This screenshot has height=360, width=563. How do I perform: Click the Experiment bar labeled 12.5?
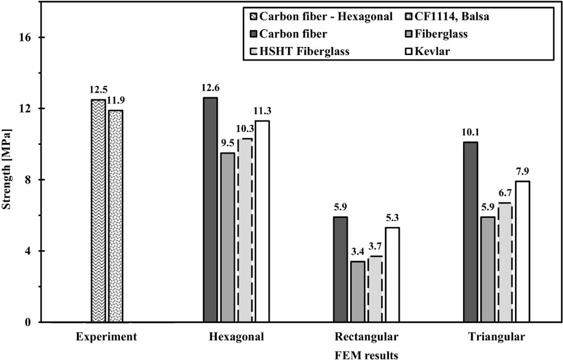pyautogui.click(x=98, y=211)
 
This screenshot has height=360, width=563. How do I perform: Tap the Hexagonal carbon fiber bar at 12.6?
pyautogui.click(x=210, y=210)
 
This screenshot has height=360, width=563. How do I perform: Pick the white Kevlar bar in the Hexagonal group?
pyautogui.click(x=262, y=221)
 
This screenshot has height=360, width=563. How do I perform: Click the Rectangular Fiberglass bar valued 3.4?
pyautogui.click(x=357, y=292)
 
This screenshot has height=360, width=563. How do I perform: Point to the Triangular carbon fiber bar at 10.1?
pyautogui.click(x=471, y=232)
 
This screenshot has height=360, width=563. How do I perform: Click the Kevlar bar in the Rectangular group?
pyautogui.click(x=392, y=275)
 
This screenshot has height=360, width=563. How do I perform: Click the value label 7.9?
pyautogui.click(x=522, y=171)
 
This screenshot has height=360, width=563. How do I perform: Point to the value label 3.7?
pyautogui.click(x=375, y=246)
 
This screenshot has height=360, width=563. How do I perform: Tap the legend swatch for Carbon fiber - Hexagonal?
pyautogui.click(x=252, y=18)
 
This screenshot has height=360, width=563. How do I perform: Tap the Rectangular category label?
pyautogui.click(x=366, y=336)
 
